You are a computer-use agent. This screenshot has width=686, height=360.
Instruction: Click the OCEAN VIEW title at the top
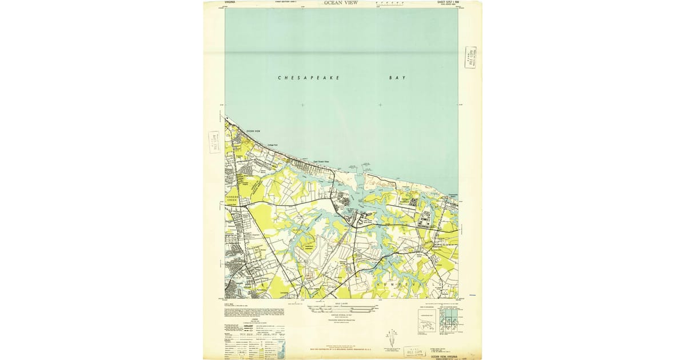click(x=341, y=3)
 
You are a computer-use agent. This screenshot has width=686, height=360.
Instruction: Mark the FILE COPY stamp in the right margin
click(x=470, y=58)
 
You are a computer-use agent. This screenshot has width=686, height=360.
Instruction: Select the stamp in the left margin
click(x=214, y=142)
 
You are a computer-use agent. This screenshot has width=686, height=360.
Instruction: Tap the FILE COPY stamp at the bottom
click(x=414, y=351)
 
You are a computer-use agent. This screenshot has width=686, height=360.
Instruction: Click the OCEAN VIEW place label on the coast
click(x=253, y=132)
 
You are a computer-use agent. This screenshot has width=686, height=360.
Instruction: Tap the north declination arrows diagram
click(x=393, y=337)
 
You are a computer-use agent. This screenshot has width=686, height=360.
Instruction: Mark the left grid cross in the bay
click(x=302, y=105)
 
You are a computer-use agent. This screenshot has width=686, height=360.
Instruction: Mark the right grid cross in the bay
click(x=380, y=105)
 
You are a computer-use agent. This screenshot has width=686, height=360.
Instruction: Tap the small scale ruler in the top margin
click(x=389, y=4)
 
